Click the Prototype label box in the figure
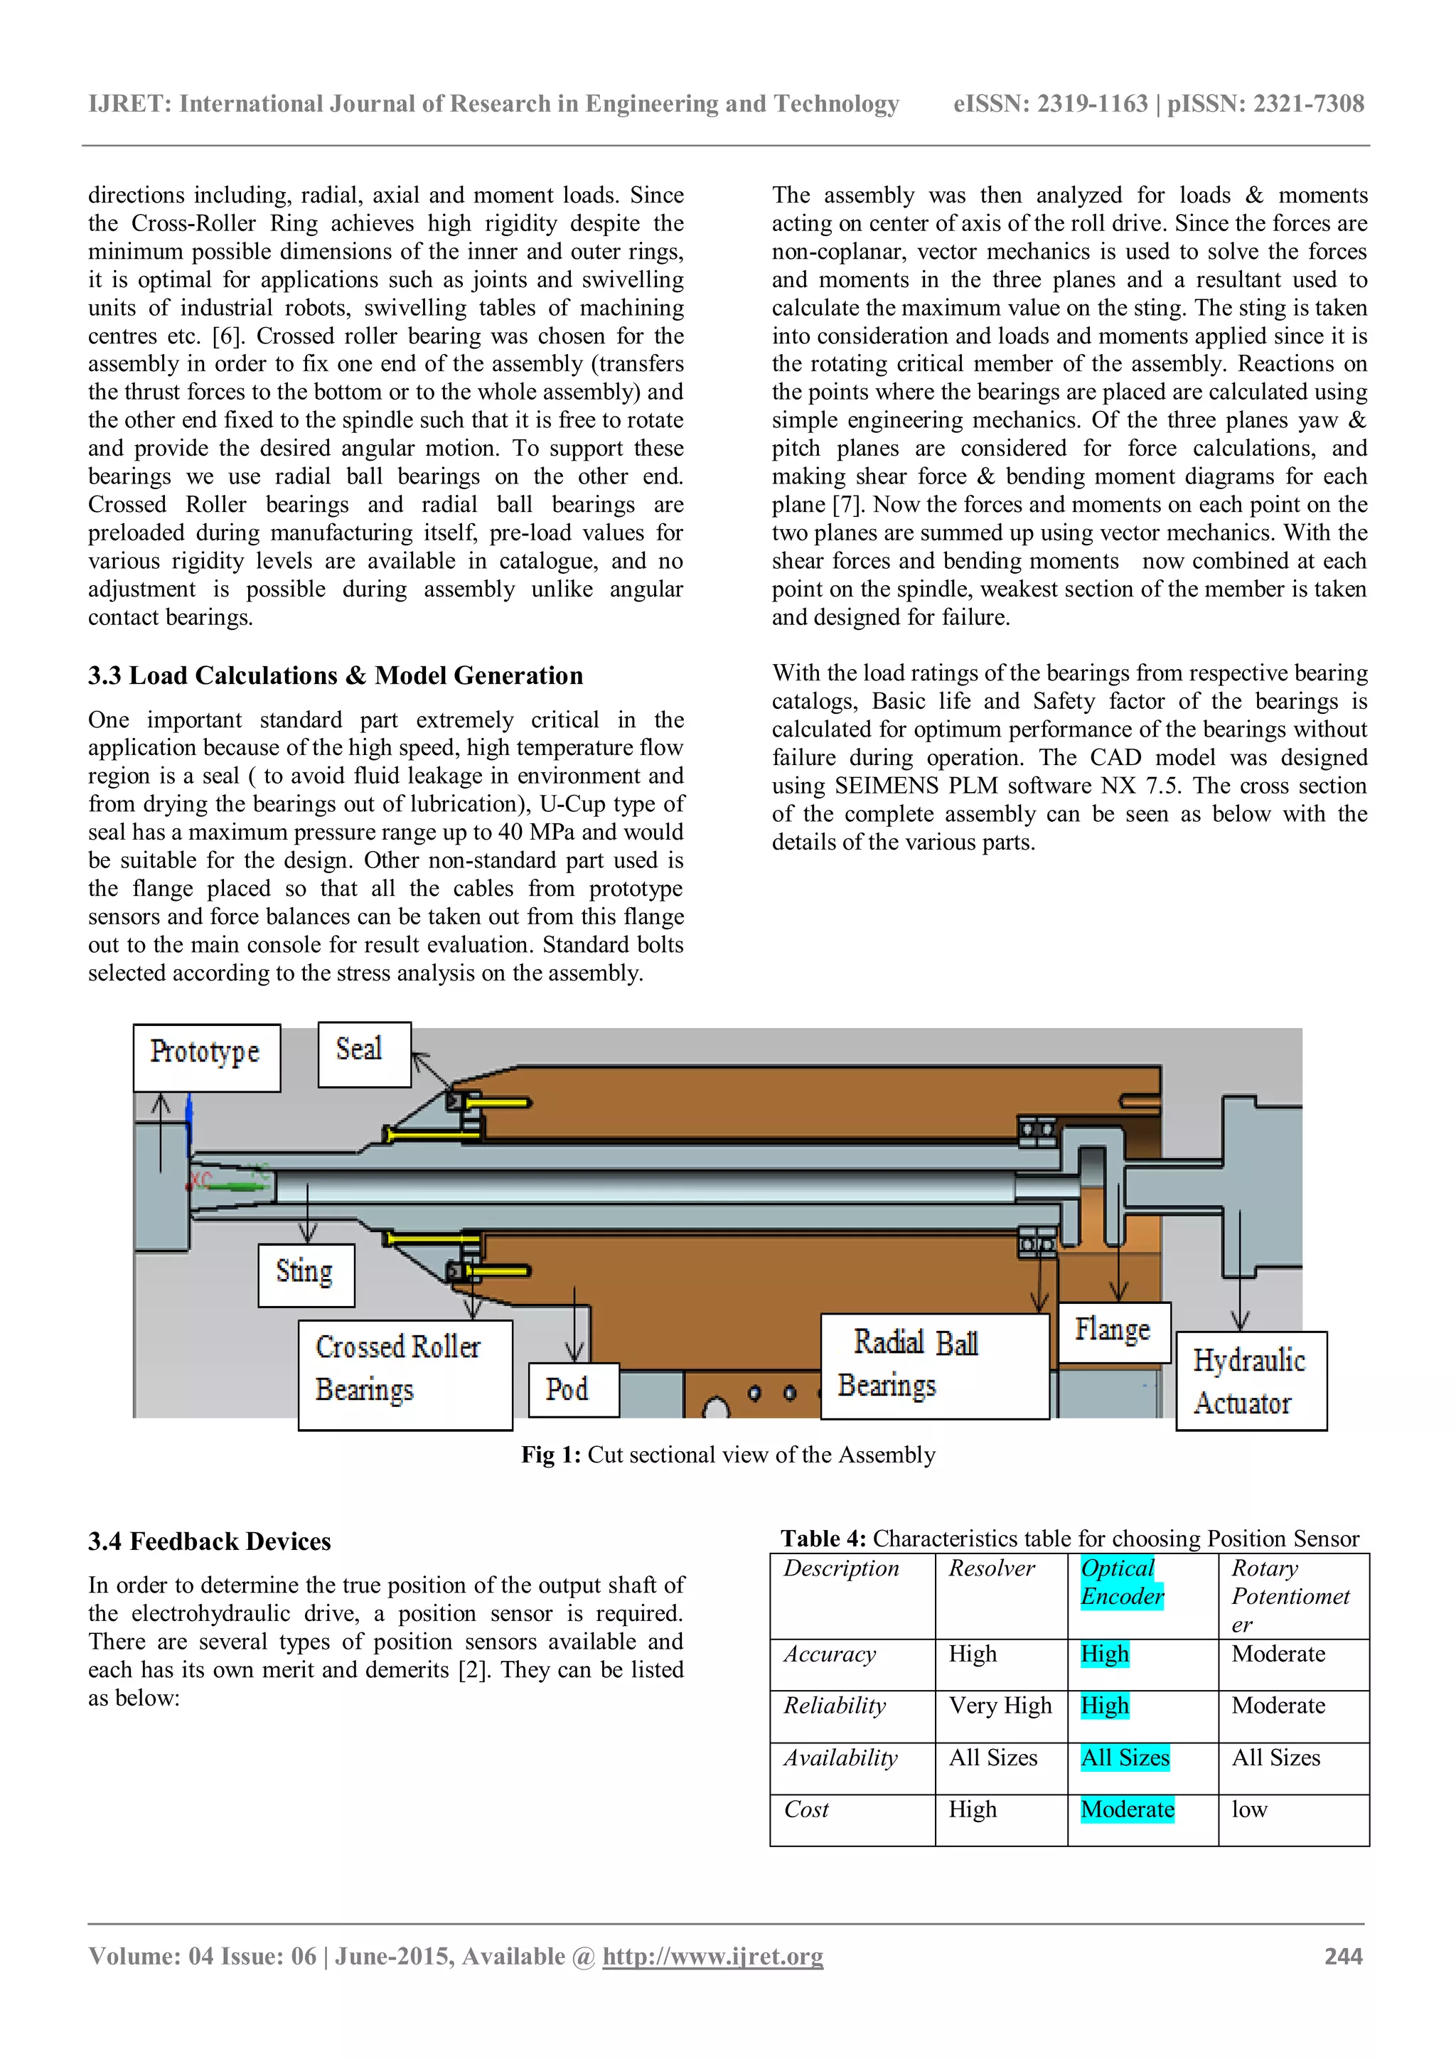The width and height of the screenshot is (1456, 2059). [x=206, y=1057]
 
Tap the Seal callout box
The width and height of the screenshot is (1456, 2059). [x=364, y=1054]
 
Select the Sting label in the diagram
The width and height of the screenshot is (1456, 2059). [x=306, y=1274]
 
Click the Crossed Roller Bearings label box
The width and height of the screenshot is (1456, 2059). [x=405, y=1374]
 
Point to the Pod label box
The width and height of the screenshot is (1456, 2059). [x=573, y=1389]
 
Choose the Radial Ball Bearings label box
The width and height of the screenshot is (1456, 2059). [x=934, y=1366]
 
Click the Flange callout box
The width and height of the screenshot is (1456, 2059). [x=1113, y=1332]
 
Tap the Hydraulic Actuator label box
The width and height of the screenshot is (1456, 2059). [x=1250, y=1381]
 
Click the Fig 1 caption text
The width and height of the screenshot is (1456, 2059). [x=728, y=1455]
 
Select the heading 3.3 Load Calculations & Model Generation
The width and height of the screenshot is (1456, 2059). [x=336, y=675]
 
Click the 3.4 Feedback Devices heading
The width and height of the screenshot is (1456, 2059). [x=209, y=1541]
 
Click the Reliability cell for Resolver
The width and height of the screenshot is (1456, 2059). [x=1000, y=1706]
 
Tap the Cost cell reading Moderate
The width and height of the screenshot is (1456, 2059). [x=1127, y=1809]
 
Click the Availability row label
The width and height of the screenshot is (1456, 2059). [x=840, y=1758]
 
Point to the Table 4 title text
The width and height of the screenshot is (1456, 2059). [x=1069, y=1539]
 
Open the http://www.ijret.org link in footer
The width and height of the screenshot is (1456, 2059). [x=713, y=1956]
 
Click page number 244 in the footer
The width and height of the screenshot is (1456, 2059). [x=1343, y=1956]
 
